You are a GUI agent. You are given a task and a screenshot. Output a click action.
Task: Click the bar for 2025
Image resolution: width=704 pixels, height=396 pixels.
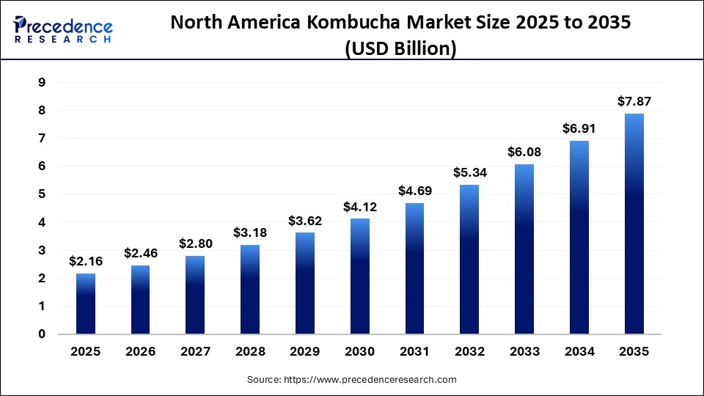[x=86, y=304]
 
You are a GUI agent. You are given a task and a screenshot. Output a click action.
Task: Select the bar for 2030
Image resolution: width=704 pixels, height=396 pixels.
[x=360, y=276]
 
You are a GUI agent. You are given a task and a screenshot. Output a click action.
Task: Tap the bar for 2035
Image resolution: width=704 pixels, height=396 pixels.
[x=634, y=224]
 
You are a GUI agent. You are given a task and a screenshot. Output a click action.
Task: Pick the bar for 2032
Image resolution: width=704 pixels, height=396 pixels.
[x=469, y=260]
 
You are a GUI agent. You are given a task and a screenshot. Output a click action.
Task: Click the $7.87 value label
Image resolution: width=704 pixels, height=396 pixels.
[x=634, y=101]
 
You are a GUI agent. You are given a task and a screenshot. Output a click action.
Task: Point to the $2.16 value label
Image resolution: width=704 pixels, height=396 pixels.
[x=86, y=261]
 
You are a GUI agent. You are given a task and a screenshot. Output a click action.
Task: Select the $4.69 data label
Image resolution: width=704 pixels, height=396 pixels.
[x=414, y=191]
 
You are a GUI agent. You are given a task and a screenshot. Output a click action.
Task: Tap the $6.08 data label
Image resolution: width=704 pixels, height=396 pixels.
[x=524, y=152]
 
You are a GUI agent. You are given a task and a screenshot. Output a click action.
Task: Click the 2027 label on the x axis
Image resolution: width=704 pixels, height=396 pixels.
[x=195, y=352]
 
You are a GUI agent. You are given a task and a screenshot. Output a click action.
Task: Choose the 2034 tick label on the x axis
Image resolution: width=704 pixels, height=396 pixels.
[x=579, y=352]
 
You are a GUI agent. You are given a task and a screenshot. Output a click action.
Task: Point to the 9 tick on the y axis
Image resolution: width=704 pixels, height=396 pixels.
[x=42, y=83]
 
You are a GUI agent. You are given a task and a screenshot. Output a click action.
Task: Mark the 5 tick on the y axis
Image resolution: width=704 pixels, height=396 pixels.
[x=42, y=194]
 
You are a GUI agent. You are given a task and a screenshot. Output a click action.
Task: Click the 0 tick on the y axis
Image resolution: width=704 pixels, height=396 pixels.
[x=42, y=334]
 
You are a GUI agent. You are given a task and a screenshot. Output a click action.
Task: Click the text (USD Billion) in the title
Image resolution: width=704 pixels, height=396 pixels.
[x=401, y=48]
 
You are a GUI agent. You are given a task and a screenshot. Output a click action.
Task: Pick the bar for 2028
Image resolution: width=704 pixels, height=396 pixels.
[x=250, y=290]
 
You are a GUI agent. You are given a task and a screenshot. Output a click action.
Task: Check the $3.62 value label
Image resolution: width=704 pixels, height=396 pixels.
[x=305, y=220]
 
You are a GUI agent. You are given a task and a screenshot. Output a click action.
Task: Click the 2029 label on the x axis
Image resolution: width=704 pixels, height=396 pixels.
[x=305, y=352]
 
